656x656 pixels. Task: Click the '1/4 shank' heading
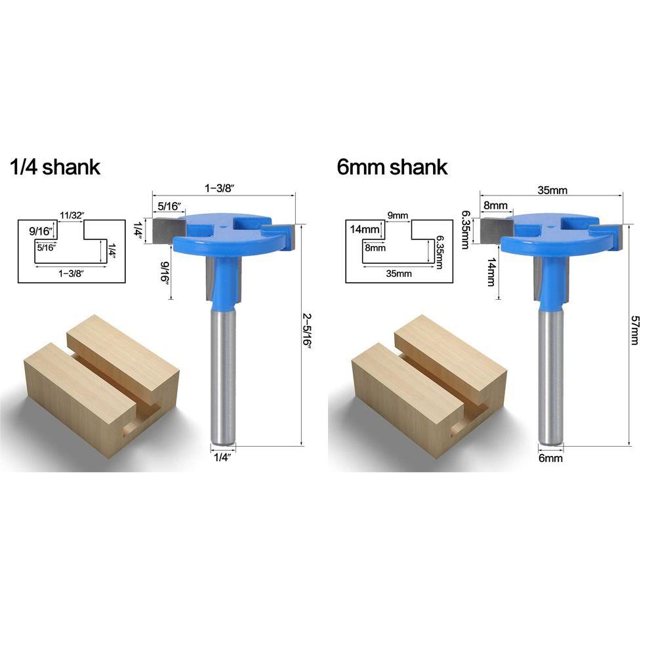coord(55,167)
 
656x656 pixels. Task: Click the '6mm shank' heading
coord(392,167)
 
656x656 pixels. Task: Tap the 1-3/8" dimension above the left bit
coord(219,188)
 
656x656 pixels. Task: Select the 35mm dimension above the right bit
coord(552,190)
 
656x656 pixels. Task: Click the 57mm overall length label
coord(634,331)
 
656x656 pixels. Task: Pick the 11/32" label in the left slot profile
coord(72,215)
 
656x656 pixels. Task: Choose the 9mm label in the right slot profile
coord(398,215)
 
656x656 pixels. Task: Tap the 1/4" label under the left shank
coord(222,457)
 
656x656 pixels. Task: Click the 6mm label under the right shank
coord(550,458)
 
